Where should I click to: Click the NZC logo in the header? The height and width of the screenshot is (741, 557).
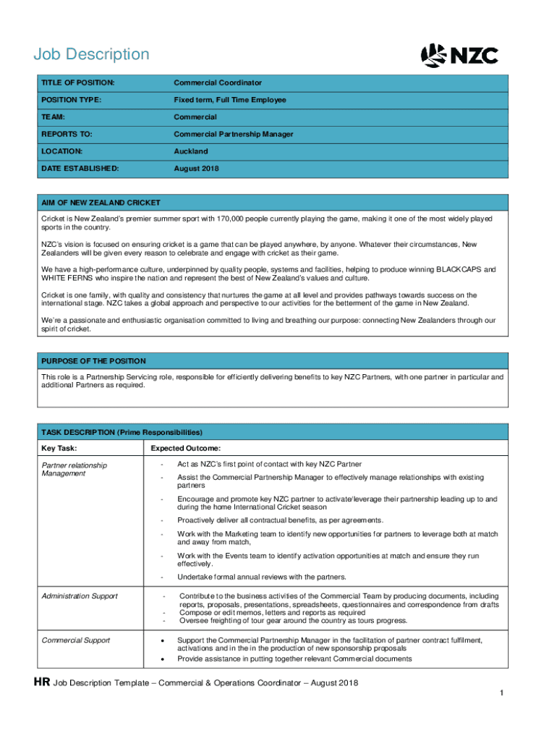(459, 56)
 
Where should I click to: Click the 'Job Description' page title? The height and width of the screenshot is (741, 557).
(92, 54)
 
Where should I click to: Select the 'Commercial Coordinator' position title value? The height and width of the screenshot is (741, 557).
(217, 83)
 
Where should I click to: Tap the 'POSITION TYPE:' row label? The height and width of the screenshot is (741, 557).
(72, 100)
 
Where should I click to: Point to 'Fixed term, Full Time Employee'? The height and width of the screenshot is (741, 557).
(229, 100)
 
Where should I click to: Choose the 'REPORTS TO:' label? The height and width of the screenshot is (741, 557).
(67, 135)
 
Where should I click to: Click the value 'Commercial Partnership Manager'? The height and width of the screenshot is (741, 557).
(233, 135)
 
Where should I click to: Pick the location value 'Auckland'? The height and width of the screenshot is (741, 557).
(190, 151)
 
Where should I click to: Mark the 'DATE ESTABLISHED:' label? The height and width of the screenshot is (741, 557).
(80, 169)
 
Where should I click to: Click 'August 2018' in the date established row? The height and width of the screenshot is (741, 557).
(195, 169)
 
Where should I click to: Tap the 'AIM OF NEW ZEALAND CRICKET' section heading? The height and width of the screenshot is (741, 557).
(101, 203)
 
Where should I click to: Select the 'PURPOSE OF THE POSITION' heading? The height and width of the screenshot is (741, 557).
(93, 361)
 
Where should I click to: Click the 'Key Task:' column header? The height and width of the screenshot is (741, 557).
(59, 449)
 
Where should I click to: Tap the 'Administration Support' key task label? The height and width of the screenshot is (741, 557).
(80, 596)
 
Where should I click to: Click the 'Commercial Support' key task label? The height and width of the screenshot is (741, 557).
(75, 640)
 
